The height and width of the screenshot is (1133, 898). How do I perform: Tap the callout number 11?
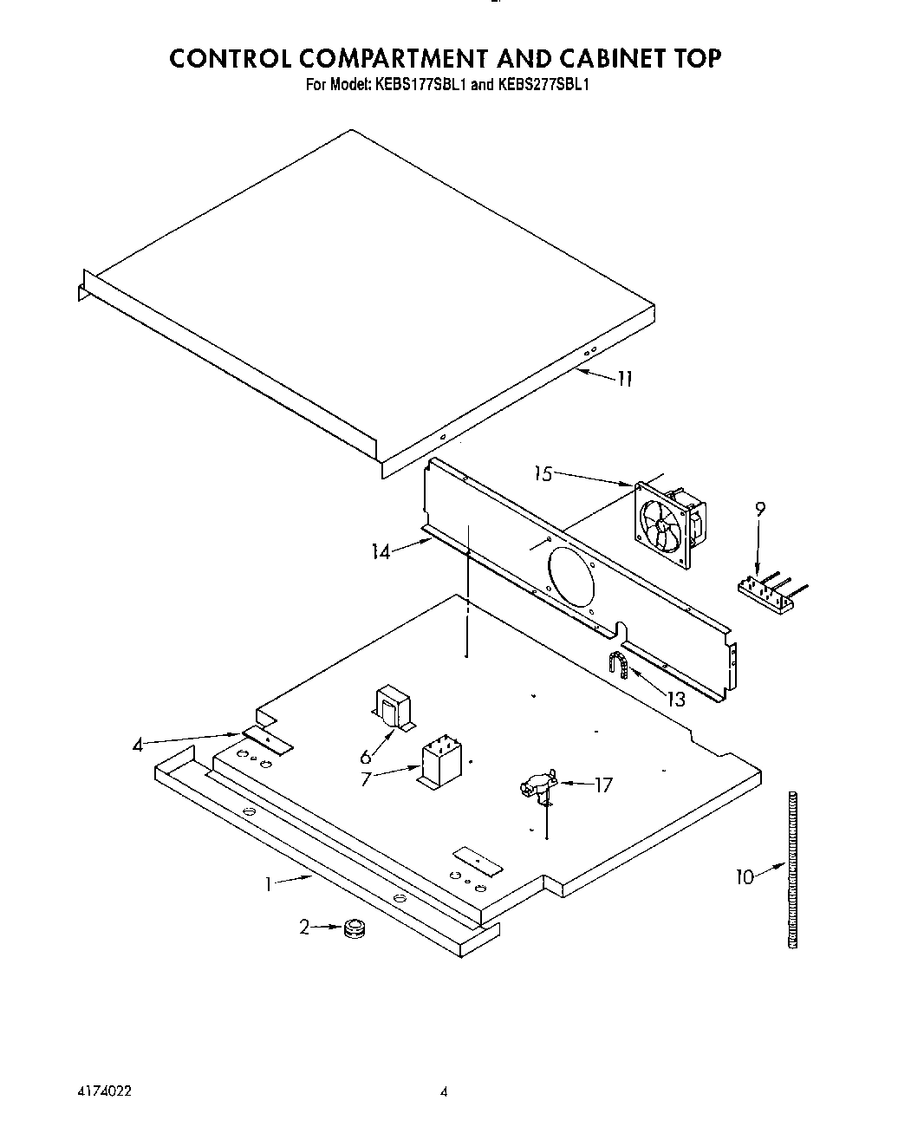(624, 378)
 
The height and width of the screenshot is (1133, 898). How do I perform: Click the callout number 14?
(381, 551)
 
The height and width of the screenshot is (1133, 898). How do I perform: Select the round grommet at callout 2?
(353, 929)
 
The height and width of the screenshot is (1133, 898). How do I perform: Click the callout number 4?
(139, 744)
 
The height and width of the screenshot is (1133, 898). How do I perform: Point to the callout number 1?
(270, 884)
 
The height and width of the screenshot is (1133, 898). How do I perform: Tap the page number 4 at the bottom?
(443, 1092)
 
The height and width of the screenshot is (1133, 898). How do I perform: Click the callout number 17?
(603, 785)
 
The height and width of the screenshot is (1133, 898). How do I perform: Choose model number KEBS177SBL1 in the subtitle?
(420, 85)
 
